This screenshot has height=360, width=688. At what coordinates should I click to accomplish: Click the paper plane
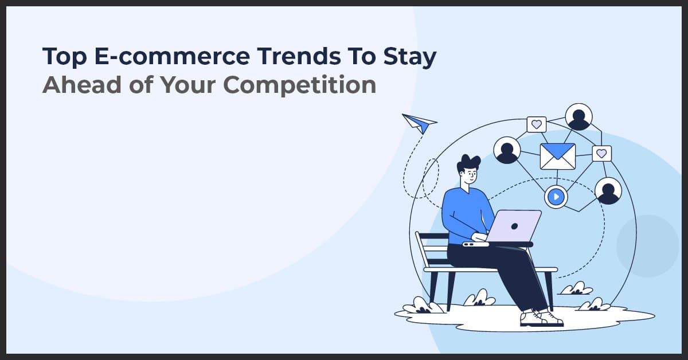(419, 123)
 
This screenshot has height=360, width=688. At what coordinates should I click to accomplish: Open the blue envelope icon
(557, 156)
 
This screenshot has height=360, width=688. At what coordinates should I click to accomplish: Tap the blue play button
(555, 197)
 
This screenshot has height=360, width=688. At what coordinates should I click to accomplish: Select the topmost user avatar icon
(578, 117)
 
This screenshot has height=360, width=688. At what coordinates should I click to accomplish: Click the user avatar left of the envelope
(507, 150)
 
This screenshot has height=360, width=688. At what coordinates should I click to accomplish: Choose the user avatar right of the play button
(608, 191)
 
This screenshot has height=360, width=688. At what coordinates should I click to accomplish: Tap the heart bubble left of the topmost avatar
(536, 124)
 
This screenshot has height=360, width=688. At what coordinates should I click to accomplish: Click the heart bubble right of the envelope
(601, 153)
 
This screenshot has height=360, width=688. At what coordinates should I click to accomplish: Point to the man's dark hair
(468, 163)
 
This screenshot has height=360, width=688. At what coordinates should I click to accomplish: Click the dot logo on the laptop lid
(515, 225)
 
